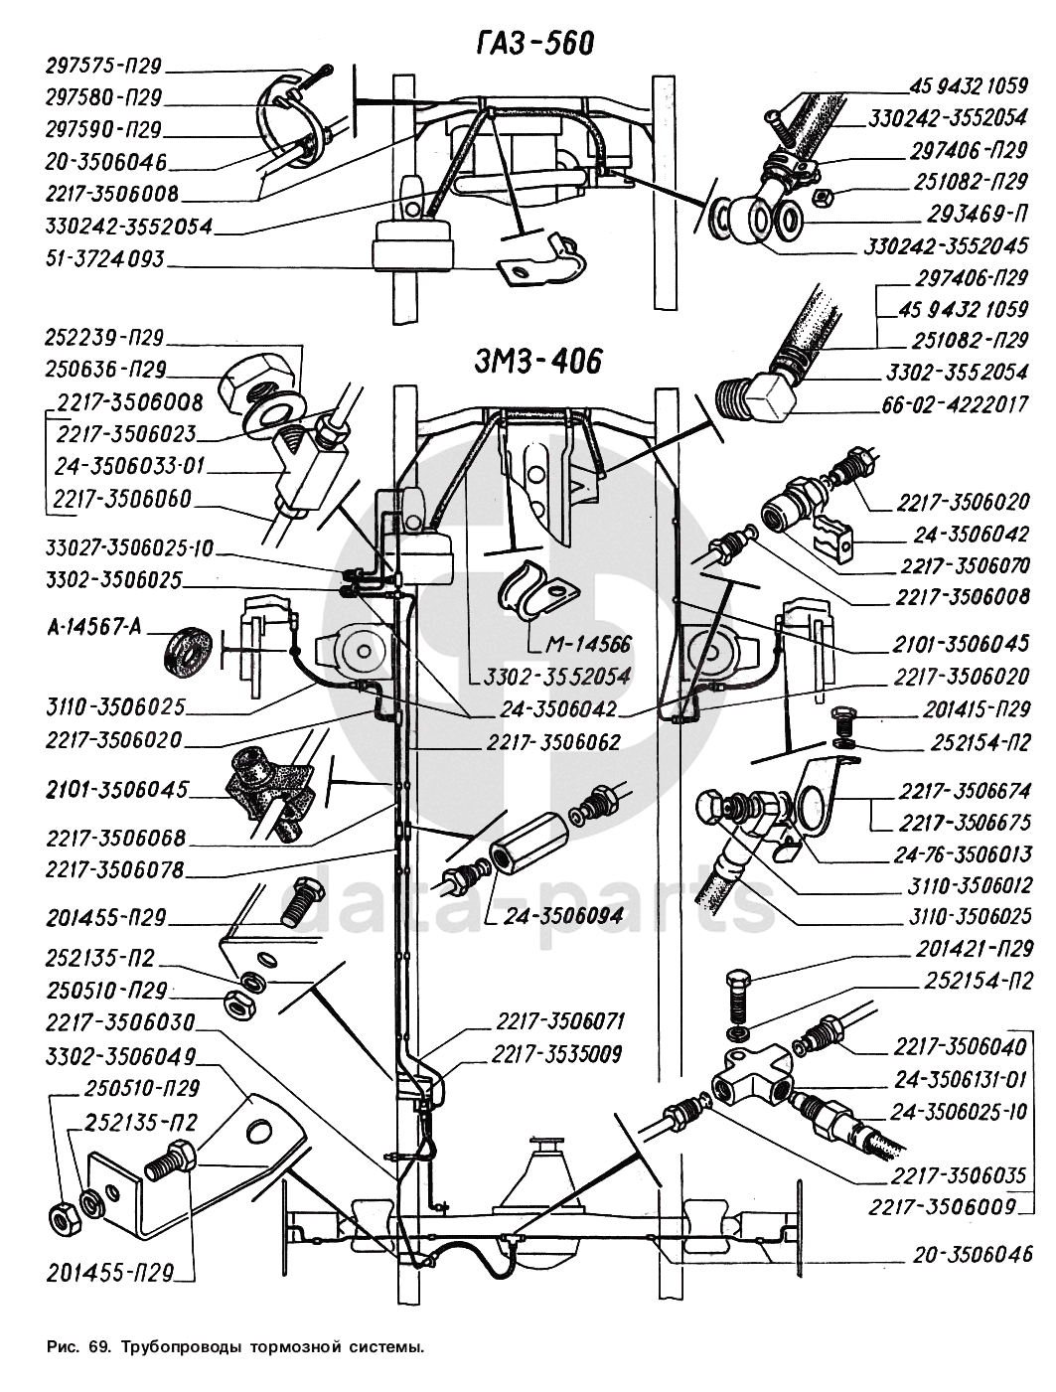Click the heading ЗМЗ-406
[536, 361]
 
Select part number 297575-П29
[103, 67]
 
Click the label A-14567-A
[94, 628]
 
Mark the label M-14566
[588, 644]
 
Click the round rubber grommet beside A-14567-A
[186, 654]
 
